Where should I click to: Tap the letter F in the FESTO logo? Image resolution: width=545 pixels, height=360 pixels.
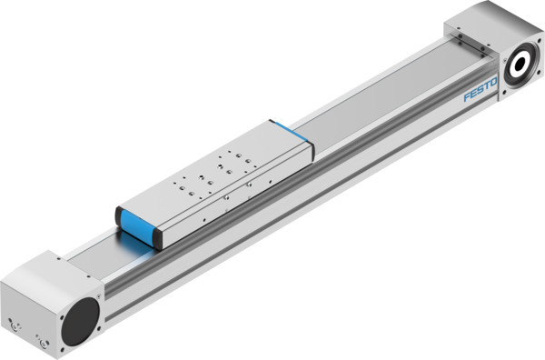coord(466,99)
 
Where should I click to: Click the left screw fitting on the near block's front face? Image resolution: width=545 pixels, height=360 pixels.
coord(14,322)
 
